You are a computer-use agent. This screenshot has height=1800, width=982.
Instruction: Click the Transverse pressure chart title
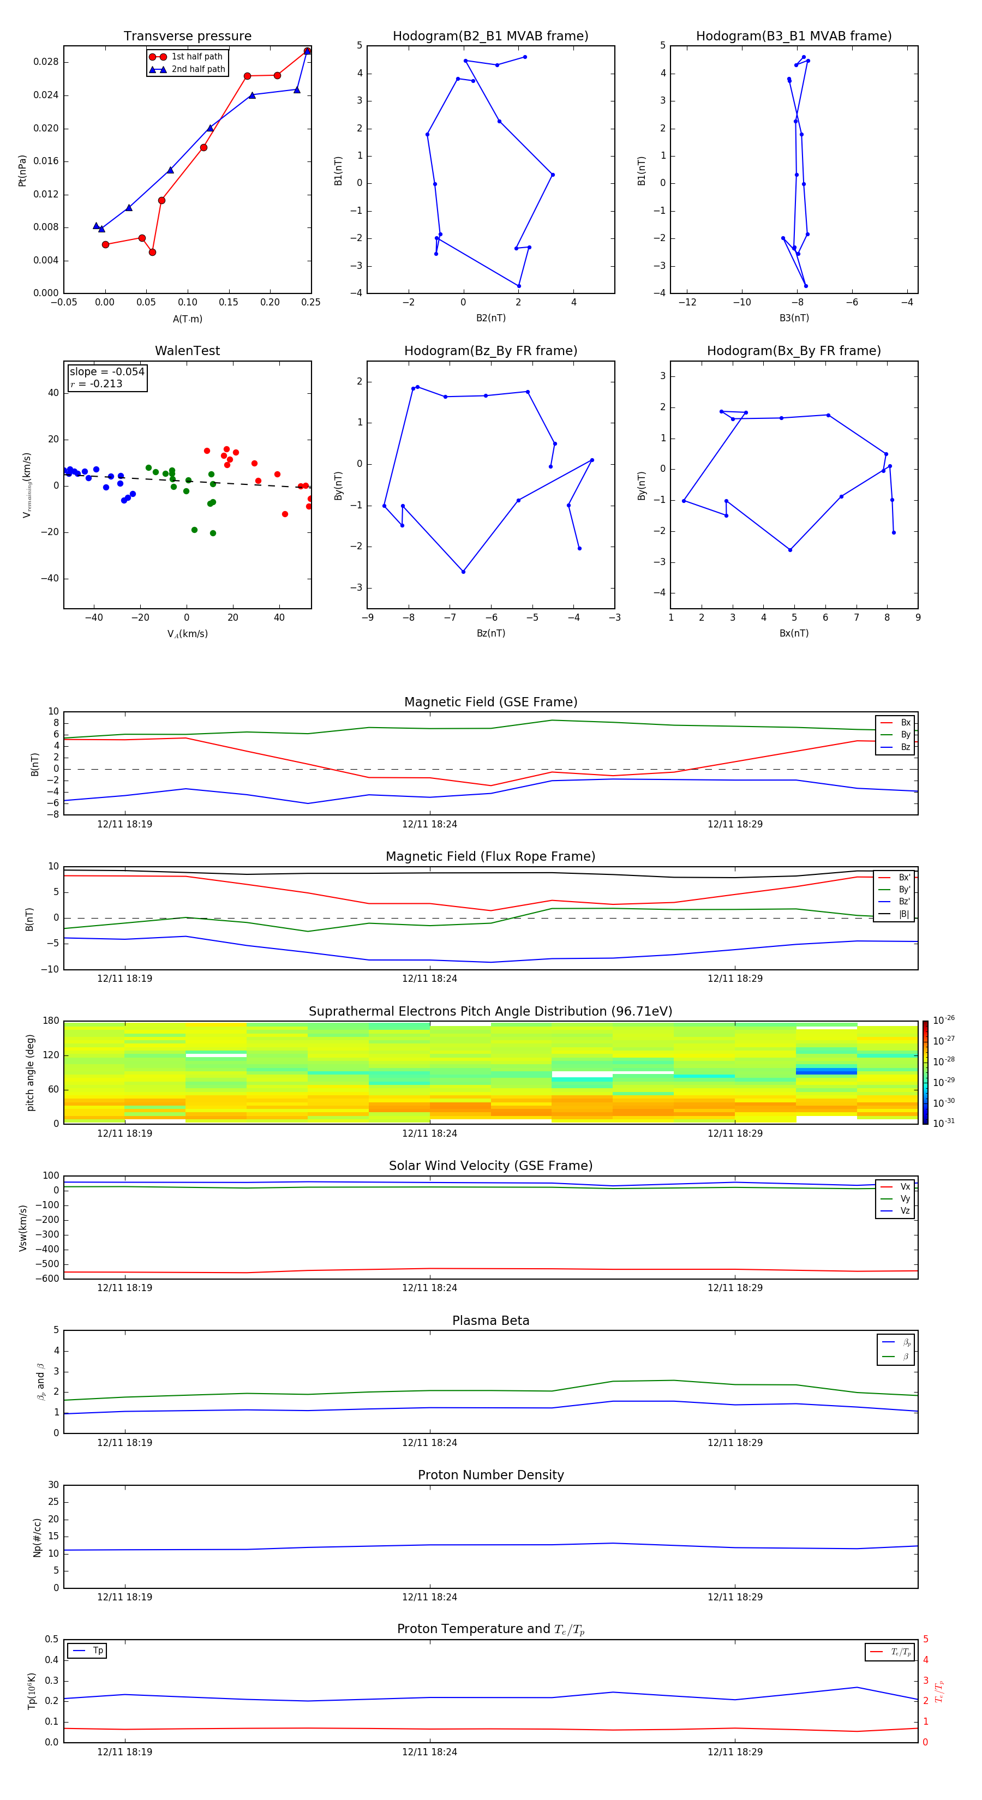click(187, 37)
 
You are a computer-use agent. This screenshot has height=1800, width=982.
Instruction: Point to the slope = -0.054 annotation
click(107, 372)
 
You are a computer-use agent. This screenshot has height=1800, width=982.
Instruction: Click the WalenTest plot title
click(187, 351)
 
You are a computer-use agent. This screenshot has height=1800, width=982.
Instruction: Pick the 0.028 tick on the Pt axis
click(46, 62)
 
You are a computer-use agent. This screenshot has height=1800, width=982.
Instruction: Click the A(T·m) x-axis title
click(187, 319)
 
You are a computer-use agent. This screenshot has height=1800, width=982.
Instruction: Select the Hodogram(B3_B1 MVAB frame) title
click(793, 37)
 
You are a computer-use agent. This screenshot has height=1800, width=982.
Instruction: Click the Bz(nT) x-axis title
click(490, 633)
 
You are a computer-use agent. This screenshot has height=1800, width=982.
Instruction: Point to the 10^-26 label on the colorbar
click(944, 1019)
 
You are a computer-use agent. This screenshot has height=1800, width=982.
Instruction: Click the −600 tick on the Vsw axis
click(47, 1279)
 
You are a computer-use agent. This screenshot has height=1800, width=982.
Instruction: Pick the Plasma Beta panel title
click(490, 1321)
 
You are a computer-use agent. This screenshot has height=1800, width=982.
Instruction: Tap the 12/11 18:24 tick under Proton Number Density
click(429, 1597)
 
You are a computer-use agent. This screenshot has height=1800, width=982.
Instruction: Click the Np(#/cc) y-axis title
click(37, 1537)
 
